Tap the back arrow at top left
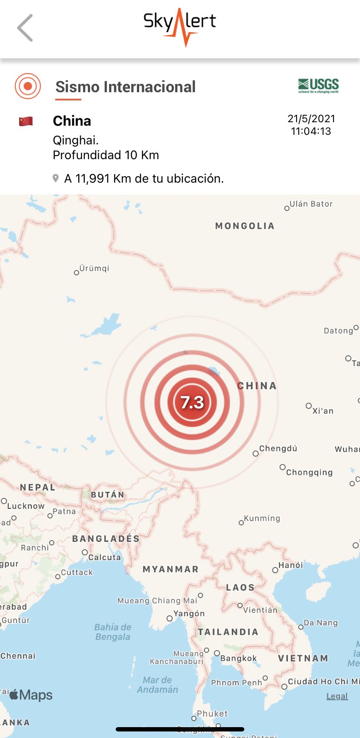coord(25,28)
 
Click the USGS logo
coord(318,86)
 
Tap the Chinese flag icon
coord(26,121)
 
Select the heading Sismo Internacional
coord(125,87)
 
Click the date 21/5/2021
coord(311,119)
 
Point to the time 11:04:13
coord(311,131)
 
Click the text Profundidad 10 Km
coord(106,155)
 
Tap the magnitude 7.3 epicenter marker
coord(192,402)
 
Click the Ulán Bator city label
coord(311,204)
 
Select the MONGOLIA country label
coord(245,226)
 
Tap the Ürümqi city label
coord(94,268)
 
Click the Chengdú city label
coord(278,448)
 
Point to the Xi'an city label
coord(323,411)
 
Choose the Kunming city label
coord(262,518)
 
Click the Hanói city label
coord(290,565)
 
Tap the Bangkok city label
coord(238,658)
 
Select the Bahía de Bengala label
coord(113,632)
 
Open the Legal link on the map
coord(337,696)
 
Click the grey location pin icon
coord(56,178)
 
